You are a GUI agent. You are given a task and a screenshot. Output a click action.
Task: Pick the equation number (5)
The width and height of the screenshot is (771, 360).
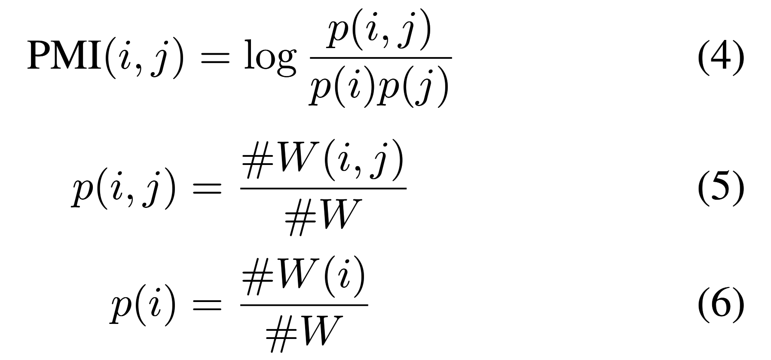[x=721, y=189]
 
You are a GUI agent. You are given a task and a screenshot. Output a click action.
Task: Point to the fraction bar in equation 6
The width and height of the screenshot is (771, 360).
[x=304, y=305]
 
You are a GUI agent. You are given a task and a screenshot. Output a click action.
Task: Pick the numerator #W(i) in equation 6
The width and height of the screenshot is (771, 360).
[x=304, y=281]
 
